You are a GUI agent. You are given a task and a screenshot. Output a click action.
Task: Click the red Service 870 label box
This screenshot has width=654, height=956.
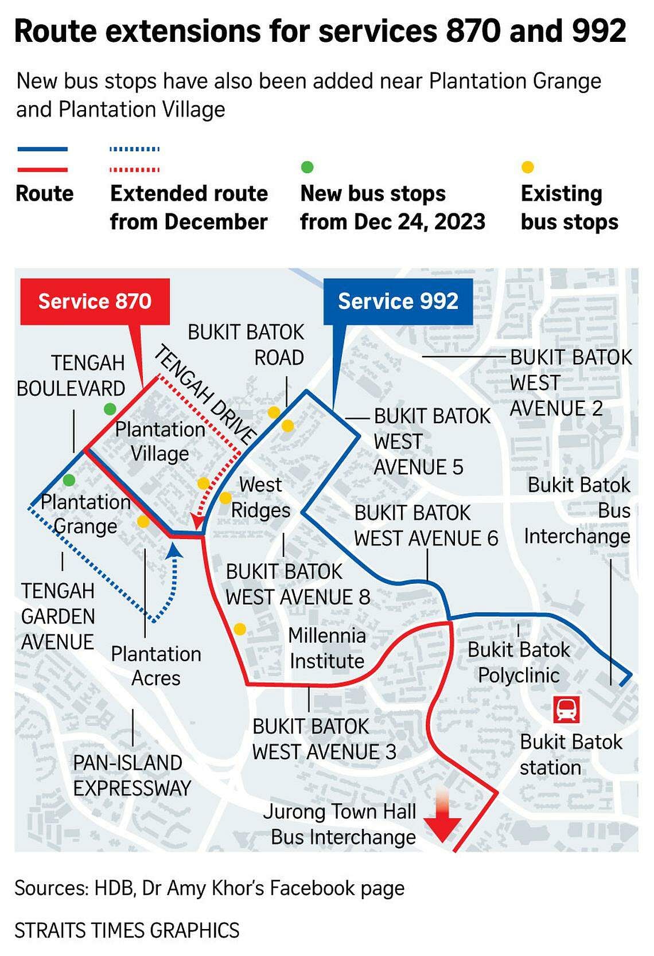click(95, 302)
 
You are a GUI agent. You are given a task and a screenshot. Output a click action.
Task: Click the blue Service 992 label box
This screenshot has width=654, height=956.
click(398, 302)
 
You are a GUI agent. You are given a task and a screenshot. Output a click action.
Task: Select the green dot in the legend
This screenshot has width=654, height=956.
click(307, 167)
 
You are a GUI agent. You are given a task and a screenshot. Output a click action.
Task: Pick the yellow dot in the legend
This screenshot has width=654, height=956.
click(528, 167)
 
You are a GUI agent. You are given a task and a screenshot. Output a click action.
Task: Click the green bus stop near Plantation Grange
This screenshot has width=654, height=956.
click(69, 479)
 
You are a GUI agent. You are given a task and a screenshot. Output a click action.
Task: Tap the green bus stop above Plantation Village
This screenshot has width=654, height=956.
click(110, 409)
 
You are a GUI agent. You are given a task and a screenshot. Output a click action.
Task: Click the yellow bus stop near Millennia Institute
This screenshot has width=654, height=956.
click(240, 629)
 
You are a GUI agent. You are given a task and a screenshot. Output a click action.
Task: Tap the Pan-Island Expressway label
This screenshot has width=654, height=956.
click(132, 775)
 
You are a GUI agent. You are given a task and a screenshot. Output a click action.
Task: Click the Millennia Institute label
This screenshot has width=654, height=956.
click(327, 648)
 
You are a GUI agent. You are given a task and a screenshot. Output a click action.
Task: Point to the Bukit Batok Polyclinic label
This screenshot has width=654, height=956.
click(519, 662)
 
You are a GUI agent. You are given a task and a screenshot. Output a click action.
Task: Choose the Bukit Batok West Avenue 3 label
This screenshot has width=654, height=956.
click(324, 739)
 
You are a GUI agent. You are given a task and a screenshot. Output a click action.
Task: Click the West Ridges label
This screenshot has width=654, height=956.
click(260, 497)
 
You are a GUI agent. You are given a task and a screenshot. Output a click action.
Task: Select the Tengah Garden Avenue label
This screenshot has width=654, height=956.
click(57, 616)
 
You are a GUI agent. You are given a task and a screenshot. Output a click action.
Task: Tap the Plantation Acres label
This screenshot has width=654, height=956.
click(156, 666)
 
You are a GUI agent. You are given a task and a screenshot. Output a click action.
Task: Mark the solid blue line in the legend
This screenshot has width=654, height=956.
click(42, 149)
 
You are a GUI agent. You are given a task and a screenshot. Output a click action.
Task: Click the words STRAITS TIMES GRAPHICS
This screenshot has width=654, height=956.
click(127, 930)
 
